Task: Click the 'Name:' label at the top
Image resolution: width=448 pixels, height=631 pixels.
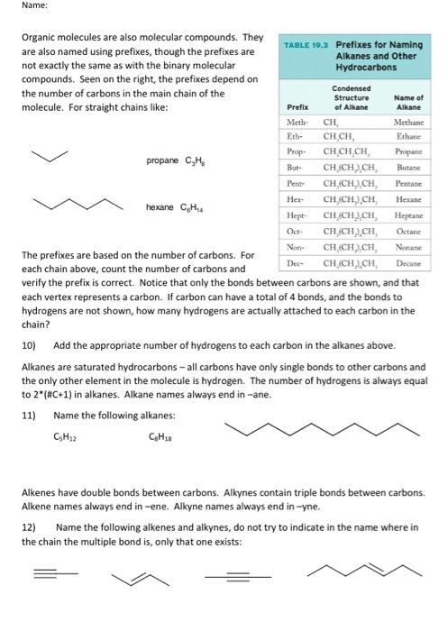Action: (17, 7)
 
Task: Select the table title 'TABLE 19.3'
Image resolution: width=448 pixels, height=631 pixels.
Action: (303, 44)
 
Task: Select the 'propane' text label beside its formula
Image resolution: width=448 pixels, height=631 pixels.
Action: (162, 161)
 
